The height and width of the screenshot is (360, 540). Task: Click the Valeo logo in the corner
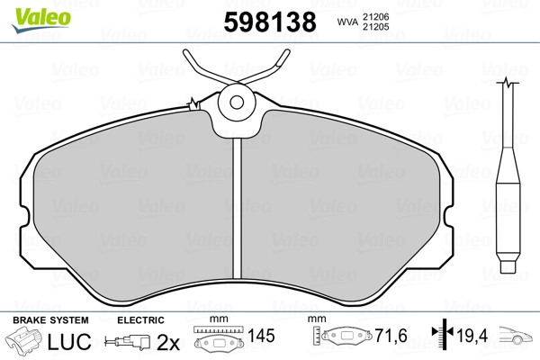(x=41, y=20)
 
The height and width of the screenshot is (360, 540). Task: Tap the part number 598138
(x=270, y=22)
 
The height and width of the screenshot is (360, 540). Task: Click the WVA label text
(x=347, y=22)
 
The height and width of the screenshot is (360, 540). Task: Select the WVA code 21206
(x=375, y=16)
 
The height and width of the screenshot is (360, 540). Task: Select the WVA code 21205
(x=375, y=27)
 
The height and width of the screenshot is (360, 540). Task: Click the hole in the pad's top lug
(x=237, y=103)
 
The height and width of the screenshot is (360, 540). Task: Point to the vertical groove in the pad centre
(x=237, y=208)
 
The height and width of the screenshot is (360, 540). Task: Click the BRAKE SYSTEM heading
(x=50, y=320)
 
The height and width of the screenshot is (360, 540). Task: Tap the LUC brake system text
(x=69, y=341)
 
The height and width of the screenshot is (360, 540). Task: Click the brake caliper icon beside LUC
(x=23, y=339)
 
